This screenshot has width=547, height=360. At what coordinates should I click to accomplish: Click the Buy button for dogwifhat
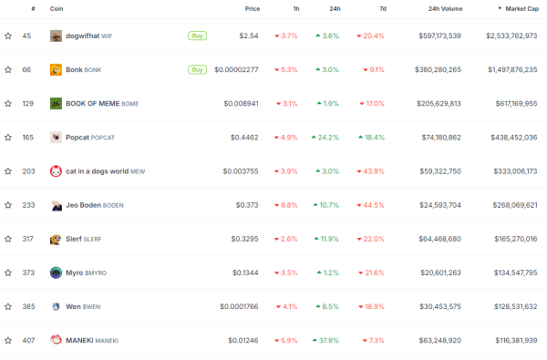click(196, 36)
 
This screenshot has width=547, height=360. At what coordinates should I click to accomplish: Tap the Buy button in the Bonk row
click(196, 69)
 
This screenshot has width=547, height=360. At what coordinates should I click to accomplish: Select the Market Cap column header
click(518, 8)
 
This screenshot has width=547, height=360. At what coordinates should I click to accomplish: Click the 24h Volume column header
click(444, 8)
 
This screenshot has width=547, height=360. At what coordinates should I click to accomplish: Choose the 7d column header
click(382, 8)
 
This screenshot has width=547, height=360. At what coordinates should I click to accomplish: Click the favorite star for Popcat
click(8, 138)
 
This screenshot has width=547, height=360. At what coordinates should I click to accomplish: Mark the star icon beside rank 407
click(8, 340)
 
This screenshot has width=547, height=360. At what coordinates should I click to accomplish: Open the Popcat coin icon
click(56, 138)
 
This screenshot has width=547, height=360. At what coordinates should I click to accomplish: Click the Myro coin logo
click(56, 273)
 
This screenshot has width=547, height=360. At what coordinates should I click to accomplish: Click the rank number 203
click(28, 171)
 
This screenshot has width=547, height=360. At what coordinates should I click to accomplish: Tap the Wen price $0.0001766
click(242, 306)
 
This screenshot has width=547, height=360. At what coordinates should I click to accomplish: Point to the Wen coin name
click(73, 306)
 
